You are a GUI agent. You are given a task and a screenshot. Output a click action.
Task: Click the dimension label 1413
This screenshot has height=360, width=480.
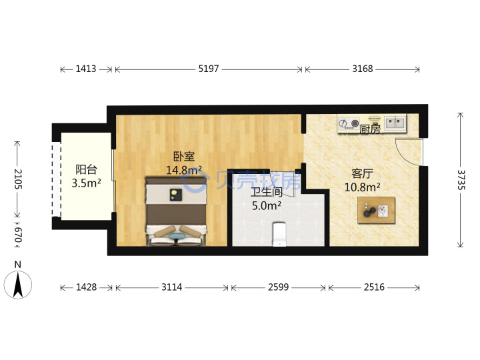pos(86,69)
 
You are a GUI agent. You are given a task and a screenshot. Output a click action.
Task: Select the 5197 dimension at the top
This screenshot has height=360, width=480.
pos(209,69)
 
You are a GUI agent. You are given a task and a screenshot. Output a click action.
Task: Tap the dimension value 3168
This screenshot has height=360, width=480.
pos(363,69)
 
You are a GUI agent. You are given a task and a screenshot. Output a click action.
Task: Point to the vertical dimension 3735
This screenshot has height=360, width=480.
pos(461,180)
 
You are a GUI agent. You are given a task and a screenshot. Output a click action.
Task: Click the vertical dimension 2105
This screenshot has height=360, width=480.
pos(18,179)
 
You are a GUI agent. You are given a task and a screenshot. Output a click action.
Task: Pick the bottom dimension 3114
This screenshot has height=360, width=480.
pos(172,287)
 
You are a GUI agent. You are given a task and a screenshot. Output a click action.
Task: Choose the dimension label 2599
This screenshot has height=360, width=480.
pos(278,287)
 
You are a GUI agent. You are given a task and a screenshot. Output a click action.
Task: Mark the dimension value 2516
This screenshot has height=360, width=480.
pos(374,287)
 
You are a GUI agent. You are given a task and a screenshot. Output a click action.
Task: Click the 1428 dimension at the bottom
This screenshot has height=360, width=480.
pos(86,287)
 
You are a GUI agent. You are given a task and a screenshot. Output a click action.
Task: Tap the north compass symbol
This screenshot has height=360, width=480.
pos(18,285)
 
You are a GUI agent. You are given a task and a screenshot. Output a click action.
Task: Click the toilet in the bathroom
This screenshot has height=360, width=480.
pos(279,234)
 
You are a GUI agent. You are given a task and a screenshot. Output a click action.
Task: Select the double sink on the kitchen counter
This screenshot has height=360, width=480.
pos(395,123)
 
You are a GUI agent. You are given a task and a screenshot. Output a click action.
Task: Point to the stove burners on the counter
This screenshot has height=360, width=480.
pos(349,124)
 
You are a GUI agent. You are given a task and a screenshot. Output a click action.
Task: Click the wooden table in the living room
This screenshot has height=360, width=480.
pos(376,210)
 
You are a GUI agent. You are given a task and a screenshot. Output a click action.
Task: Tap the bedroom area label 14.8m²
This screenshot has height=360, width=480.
pos(184,170)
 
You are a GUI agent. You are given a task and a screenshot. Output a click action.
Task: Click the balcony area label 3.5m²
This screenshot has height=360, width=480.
pos(86,183)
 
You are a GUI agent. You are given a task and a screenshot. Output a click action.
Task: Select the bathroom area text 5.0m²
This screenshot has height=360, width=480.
pos(266,206)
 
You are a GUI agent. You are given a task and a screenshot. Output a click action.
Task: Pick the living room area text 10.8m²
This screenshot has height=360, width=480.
pos(363,187)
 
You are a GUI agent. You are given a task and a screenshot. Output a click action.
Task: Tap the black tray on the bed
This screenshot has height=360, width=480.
pos(176,195)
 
